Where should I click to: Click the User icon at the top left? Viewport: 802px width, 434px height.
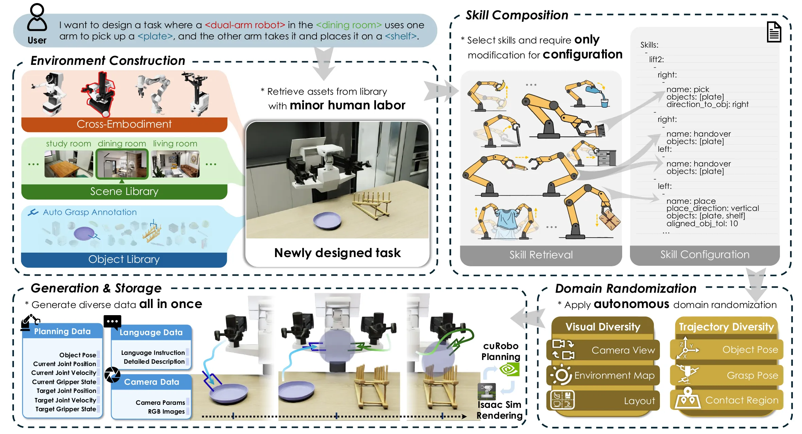pyautogui.click(x=37, y=19)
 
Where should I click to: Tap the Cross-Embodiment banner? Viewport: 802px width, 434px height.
pyautogui.click(x=124, y=124)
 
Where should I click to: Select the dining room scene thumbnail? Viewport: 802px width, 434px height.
pyautogui.click(x=122, y=164)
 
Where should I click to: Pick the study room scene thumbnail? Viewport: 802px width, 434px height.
pyautogui.click(x=69, y=164)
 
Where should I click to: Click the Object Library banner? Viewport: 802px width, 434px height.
pyautogui.click(x=124, y=259)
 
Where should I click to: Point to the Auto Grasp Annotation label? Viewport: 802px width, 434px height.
pyautogui.click(x=90, y=212)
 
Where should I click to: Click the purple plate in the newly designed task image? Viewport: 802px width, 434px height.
pyautogui.click(x=327, y=220)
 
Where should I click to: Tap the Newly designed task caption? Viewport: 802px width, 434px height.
pyautogui.click(x=337, y=253)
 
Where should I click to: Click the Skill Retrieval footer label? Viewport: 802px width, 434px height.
pyautogui.click(x=541, y=255)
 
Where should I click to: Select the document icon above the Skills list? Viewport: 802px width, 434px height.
pyautogui.click(x=774, y=32)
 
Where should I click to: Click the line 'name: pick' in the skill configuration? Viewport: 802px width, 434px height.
pyautogui.click(x=687, y=89)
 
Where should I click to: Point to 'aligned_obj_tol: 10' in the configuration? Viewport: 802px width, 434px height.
pyautogui.click(x=702, y=223)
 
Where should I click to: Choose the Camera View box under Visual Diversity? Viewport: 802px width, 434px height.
pyautogui.click(x=603, y=350)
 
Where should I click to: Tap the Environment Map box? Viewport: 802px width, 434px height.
pyautogui.click(x=603, y=375)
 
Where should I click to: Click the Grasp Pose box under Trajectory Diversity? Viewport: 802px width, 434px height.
pyautogui.click(x=727, y=375)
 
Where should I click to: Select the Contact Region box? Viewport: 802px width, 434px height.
pyautogui.click(x=727, y=400)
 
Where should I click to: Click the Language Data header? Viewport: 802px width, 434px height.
pyautogui.click(x=151, y=332)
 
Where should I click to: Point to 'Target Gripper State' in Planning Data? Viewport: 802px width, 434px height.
pyautogui.click(x=66, y=409)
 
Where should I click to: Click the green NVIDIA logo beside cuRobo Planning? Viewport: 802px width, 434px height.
pyautogui.click(x=509, y=369)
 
